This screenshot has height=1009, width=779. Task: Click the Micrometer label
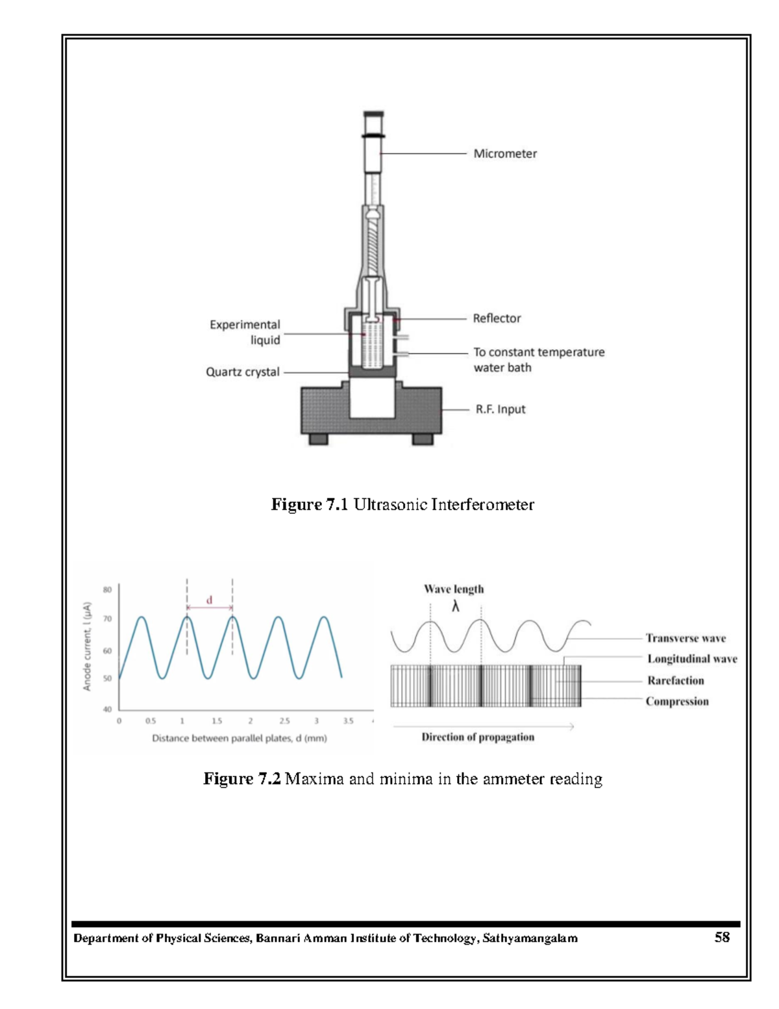click(x=504, y=154)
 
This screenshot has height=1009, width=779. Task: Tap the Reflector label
click(x=497, y=318)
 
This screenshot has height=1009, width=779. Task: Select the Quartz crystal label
click(x=242, y=372)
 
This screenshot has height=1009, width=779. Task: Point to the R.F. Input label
click(x=500, y=409)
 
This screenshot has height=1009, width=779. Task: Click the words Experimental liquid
click(x=245, y=332)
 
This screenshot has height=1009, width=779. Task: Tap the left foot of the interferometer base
click(x=318, y=440)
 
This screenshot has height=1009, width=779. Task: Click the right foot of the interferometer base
click(x=423, y=440)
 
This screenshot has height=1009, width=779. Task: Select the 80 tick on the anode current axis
click(x=107, y=590)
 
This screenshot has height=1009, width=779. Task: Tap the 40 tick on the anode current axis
click(x=107, y=709)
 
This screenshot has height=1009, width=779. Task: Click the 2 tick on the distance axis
click(x=251, y=721)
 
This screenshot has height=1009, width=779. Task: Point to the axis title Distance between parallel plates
click(x=239, y=739)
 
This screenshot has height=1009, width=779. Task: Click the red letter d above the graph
click(x=209, y=600)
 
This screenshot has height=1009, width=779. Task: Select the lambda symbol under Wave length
click(x=455, y=607)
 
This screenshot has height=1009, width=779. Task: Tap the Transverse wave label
click(x=686, y=639)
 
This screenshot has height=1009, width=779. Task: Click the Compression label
click(x=677, y=702)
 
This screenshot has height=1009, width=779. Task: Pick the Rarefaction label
click(x=675, y=681)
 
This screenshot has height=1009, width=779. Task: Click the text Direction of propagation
click(x=478, y=737)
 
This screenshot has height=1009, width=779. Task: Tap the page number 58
click(x=722, y=938)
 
